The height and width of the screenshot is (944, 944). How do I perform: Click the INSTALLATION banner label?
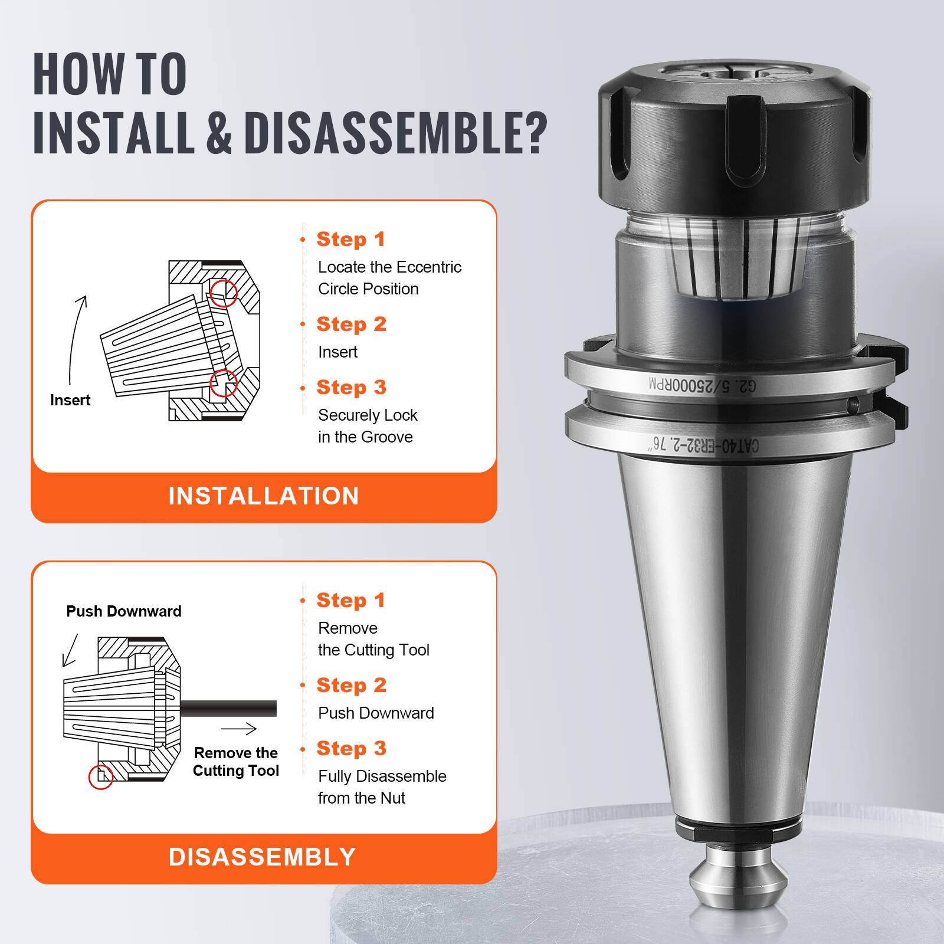point(264,496)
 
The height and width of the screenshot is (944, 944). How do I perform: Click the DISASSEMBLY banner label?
point(263,857)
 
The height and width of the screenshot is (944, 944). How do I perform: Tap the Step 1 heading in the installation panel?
point(350,239)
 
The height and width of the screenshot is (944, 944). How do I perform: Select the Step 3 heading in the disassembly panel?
point(351,748)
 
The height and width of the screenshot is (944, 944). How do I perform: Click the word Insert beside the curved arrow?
point(70,400)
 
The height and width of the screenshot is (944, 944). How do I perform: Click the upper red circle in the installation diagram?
point(224,293)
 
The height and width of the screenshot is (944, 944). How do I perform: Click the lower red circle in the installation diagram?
point(224,383)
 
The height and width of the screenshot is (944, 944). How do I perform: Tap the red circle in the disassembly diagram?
point(100,777)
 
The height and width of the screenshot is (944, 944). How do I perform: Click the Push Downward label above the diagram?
point(123,611)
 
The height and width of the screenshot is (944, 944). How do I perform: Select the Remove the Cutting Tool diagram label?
point(235,762)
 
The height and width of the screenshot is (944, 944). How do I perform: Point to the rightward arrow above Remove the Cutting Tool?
point(239,729)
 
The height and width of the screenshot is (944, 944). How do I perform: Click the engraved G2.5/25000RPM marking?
point(702,385)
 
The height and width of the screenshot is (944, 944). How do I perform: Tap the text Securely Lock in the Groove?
point(367,426)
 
